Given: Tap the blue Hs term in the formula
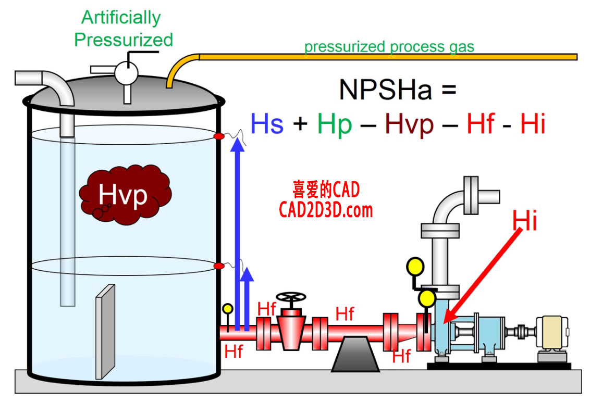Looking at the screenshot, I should tap(267, 124).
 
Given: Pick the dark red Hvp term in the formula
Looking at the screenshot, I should tap(409, 124).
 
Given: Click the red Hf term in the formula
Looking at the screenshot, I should tap(480, 124).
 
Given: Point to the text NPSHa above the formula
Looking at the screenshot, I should tap(385, 90).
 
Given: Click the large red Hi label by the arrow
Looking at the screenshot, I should tap(524, 221).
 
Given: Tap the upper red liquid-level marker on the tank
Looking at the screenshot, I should tap(219, 136).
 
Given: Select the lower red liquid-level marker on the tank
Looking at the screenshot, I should tap(219, 266).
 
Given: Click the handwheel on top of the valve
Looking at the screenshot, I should tap(291, 298).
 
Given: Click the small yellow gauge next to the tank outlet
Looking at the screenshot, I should tap(228, 309).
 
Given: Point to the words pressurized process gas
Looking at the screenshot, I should tap(389, 47).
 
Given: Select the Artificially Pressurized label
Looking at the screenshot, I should tap(123, 29).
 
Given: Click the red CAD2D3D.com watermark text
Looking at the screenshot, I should tap(326, 210).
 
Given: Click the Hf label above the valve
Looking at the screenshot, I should tap(267, 308).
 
